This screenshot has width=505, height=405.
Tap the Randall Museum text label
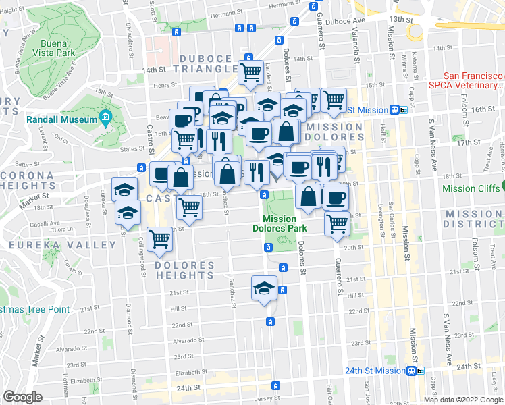tap(62, 119)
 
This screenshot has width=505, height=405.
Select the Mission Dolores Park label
tap(279, 223)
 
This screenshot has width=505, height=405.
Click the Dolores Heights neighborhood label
tap(184, 270)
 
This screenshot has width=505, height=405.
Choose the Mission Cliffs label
tap(473, 188)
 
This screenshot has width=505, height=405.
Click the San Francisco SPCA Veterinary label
tap(466, 81)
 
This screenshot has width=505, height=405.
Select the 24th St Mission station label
tap(374, 371)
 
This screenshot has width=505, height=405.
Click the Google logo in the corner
tap(22, 397)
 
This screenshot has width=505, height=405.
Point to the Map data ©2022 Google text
tap(462, 400)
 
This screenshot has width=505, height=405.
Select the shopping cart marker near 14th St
tap(250, 72)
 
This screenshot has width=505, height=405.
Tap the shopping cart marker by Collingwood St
tap(159, 238)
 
